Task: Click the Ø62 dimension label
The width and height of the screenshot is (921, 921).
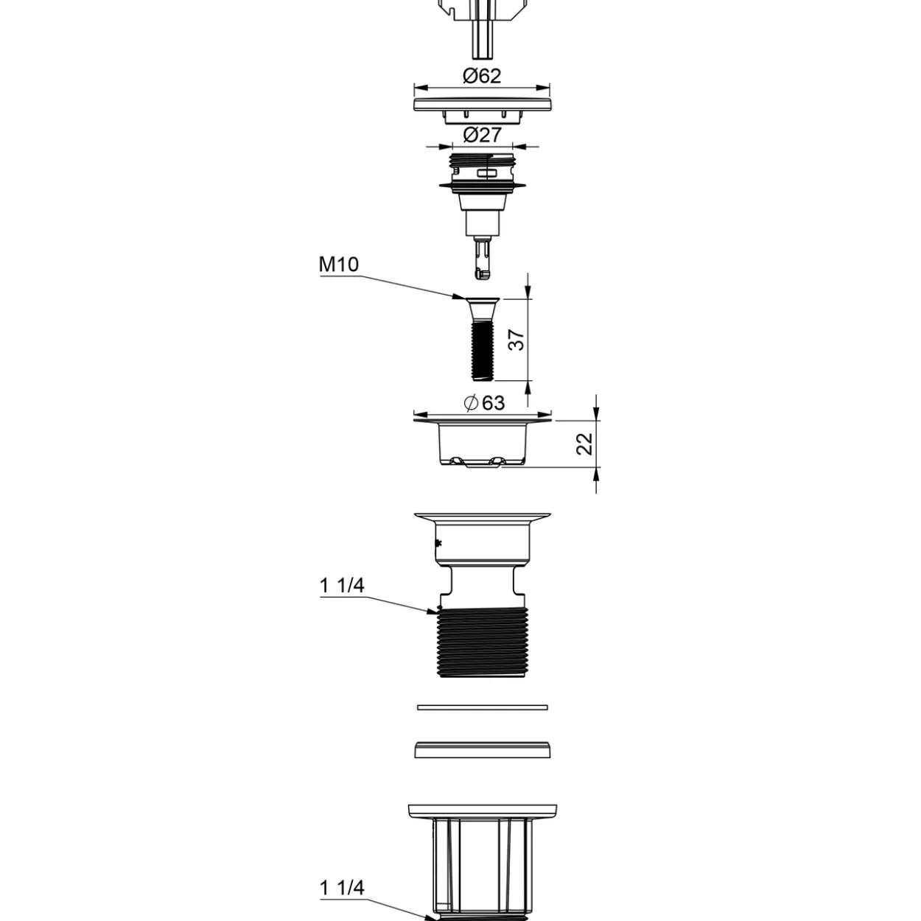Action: [482, 75]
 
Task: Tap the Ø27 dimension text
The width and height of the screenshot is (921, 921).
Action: [483, 136]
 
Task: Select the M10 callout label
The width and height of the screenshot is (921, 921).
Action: [338, 265]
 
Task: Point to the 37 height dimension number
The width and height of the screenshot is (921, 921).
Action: [516, 340]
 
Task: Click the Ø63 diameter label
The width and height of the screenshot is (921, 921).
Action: [484, 403]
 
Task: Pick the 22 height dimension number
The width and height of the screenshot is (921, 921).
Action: [584, 444]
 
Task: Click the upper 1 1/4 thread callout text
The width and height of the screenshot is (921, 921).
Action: [342, 586]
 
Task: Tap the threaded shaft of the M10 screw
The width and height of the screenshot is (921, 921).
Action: [482, 351]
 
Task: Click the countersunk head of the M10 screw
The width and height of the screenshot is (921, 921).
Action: [482, 308]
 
